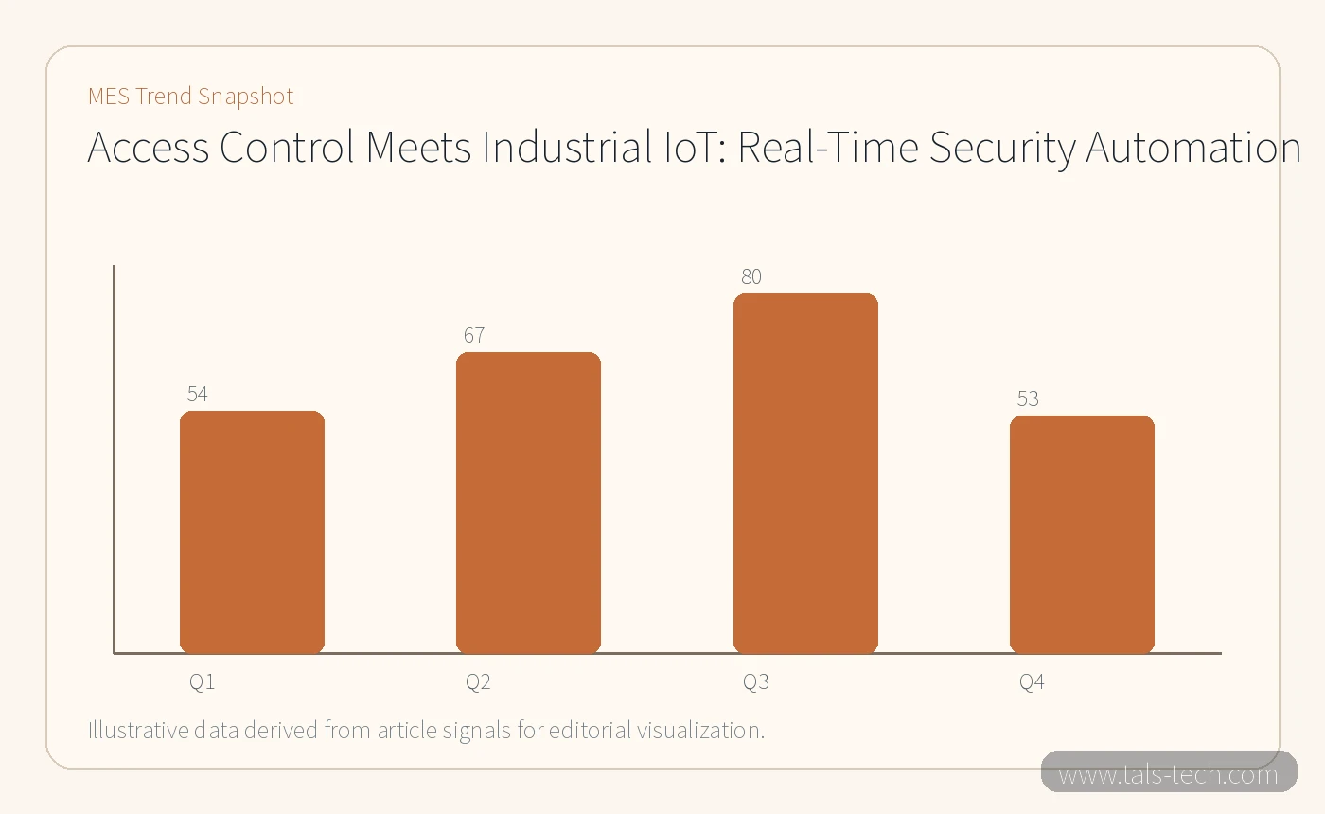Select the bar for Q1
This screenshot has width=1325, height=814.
[252, 532]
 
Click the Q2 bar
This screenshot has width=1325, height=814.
[528, 503]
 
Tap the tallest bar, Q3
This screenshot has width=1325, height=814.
[805, 473]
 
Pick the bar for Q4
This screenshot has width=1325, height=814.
[1082, 535]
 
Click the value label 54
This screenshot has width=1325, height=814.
[198, 394]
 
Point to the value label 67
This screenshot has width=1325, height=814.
[474, 335]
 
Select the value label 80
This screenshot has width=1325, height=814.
[751, 276]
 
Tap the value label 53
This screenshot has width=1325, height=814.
[1028, 398]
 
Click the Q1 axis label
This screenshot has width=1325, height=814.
[202, 682]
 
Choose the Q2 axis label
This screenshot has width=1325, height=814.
[478, 682]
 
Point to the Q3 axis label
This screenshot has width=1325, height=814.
[756, 682]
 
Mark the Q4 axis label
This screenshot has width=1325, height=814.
[1032, 682]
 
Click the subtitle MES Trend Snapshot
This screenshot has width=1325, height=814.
[190, 96]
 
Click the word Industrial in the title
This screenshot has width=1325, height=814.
[567, 147]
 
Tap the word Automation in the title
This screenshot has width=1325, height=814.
[1193, 147]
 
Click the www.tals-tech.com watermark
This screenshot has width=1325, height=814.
[1168, 774]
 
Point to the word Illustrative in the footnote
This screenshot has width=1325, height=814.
[138, 730]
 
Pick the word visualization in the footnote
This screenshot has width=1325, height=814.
[701, 730]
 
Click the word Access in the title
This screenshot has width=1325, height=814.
[148, 147]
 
